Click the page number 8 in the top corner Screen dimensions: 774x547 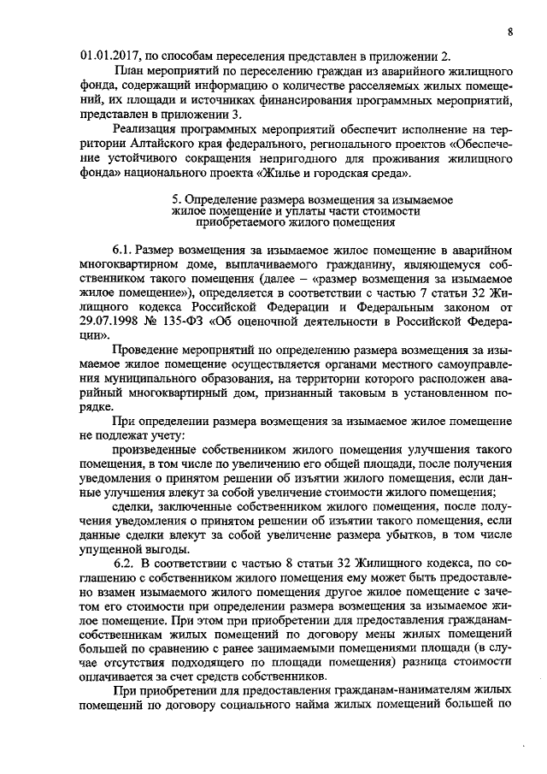click(x=510, y=32)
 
